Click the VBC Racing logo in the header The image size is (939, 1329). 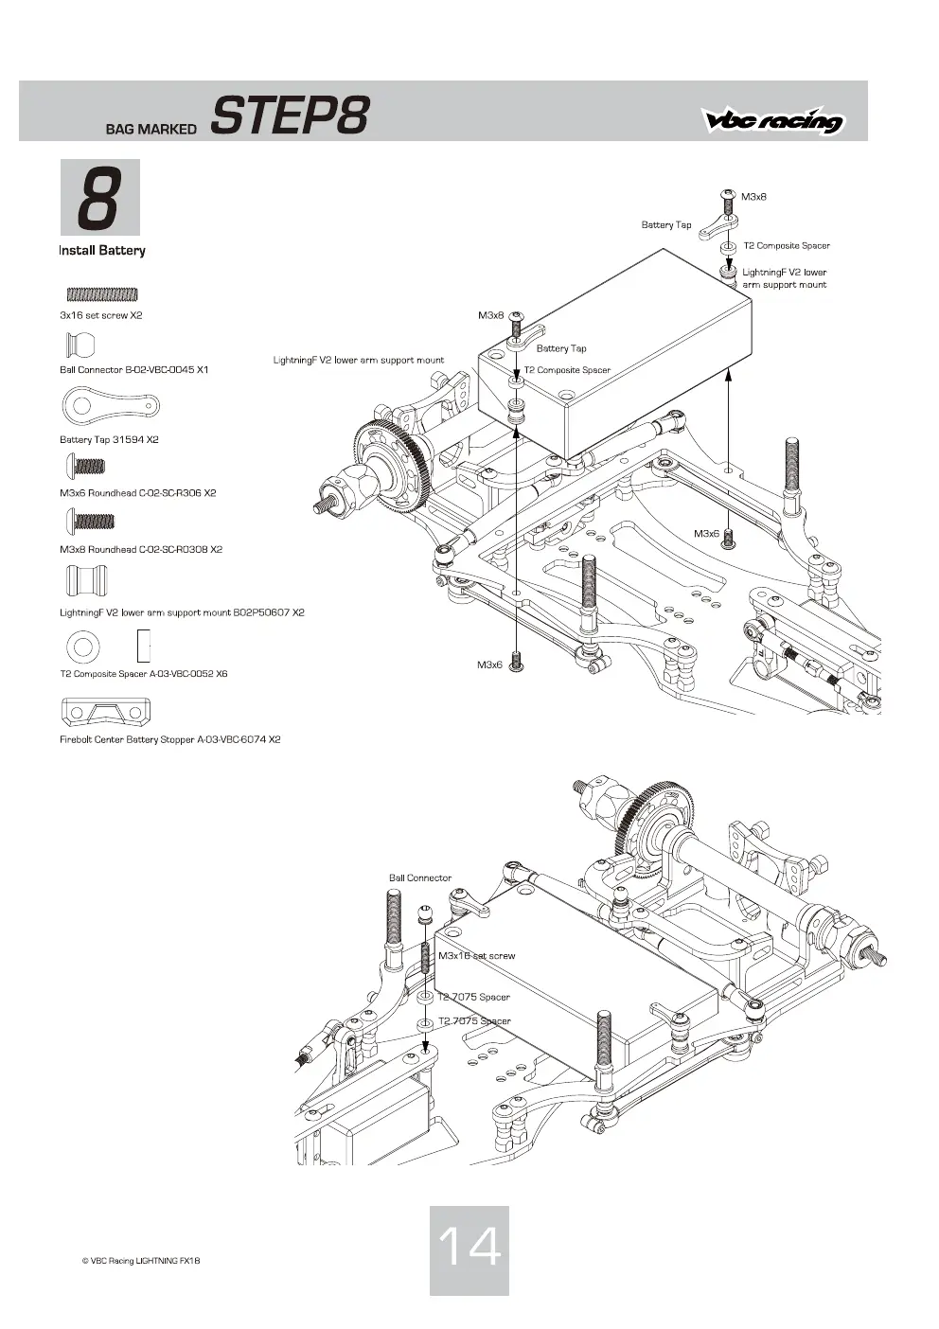(773, 120)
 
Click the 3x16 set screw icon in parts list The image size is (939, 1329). (102, 293)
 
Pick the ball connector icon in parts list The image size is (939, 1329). (80, 345)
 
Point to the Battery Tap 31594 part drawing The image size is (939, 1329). (111, 406)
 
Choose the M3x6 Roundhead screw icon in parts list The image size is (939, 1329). (86, 466)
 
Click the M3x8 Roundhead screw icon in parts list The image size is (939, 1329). (91, 521)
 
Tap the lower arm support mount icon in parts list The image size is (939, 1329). (86, 580)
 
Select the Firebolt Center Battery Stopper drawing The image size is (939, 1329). (106, 712)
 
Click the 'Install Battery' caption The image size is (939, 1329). (102, 251)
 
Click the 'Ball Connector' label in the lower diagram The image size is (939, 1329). (420, 877)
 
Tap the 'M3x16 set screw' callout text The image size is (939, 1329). (477, 955)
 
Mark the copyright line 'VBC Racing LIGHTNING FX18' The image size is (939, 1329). (141, 1261)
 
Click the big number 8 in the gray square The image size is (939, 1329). (99, 198)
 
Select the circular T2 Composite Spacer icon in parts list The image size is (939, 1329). (83, 647)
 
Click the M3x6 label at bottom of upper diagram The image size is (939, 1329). (490, 664)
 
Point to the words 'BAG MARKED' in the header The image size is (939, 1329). (151, 129)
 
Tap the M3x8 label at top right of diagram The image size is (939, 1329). (753, 196)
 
